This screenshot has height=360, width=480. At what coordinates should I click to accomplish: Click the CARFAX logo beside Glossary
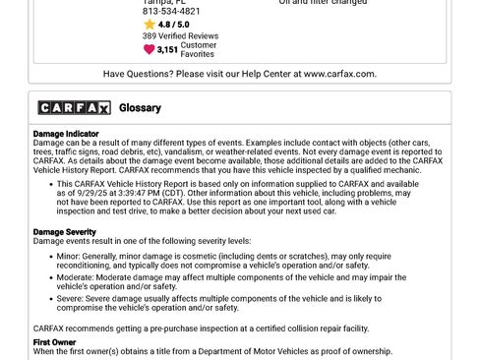(74, 107)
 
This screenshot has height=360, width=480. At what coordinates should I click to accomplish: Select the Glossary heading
(140, 107)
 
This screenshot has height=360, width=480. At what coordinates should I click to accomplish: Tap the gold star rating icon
(150, 25)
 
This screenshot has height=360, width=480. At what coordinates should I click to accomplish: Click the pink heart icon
(150, 49)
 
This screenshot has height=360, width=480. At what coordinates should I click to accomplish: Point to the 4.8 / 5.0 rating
(174, 25)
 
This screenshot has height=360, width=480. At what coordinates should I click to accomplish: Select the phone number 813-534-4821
(172, 12)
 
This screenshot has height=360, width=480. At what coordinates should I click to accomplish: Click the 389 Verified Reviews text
(180, 36)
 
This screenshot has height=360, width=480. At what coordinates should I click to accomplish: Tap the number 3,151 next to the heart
(167, 49)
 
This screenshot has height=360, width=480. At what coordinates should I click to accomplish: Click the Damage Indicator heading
(66, 134)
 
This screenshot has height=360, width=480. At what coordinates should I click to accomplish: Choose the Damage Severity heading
(65, 232)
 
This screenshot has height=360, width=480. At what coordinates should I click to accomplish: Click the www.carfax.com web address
(340, 74)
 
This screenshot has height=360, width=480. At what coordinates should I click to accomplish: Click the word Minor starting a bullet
(68, 256)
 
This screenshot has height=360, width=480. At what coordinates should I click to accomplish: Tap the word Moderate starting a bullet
(75, 277)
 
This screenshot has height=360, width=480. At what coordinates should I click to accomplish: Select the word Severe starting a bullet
(71, 298)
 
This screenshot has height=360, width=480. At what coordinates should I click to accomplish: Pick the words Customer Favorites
(198, 49)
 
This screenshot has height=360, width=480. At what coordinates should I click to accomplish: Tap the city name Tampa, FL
(163, 2)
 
